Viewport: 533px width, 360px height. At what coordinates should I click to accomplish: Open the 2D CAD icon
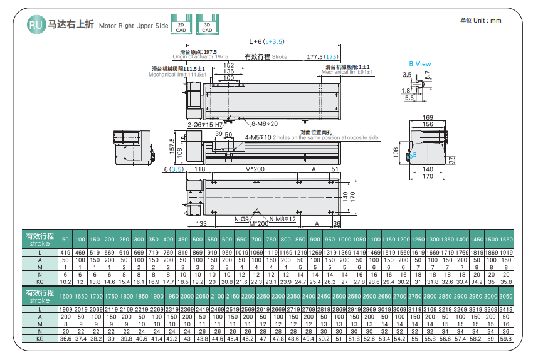point(181,25)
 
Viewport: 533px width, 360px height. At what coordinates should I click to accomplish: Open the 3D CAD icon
point(206,25)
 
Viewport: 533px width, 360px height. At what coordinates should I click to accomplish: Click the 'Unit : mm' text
point(481,21)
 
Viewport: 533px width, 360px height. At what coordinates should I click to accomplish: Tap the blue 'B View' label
point(420,63)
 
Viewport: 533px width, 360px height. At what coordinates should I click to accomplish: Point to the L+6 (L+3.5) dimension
point(266,41)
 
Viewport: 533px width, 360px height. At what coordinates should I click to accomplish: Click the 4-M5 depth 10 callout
point(258,137)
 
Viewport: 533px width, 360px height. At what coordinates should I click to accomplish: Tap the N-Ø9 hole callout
point(242,220)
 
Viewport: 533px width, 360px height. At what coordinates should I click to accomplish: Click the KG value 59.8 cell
point(505,339)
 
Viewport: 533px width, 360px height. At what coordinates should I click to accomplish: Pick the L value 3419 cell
point(505,309)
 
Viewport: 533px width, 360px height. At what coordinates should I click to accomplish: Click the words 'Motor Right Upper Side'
point(134,26)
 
